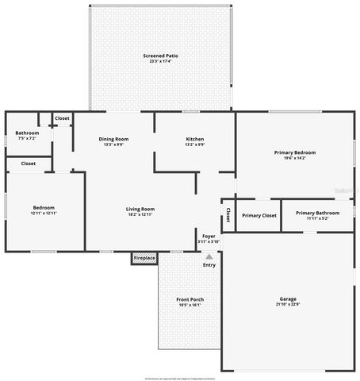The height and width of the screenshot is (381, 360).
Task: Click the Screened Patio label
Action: pos(161,56)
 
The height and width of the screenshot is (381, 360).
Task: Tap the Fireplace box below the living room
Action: pos(144,258)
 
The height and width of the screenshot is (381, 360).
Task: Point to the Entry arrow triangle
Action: pos(209,256)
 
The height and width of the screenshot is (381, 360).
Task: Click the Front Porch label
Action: pos(190,299)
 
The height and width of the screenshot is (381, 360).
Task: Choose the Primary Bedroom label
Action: pos(294,152)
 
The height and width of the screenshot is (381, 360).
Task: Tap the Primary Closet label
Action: pos(259,215)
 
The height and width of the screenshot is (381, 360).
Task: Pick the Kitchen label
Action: pos(194,139)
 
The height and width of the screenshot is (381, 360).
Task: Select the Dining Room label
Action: pos(113,139)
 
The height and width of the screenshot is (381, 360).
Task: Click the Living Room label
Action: pos(140,209)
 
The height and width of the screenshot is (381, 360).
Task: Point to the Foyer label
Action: pos(209,237)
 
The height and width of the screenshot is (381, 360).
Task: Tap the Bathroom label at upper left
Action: pos(27,133)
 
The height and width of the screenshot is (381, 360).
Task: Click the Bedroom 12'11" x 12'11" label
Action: pos(44,208)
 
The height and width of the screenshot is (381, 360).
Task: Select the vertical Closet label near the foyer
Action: pos(228,215)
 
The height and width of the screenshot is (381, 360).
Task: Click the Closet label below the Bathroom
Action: pos(28,164)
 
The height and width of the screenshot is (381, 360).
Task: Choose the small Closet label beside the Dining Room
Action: pos(62,118)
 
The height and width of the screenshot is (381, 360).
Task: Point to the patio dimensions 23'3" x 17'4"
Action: pos(161,62)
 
